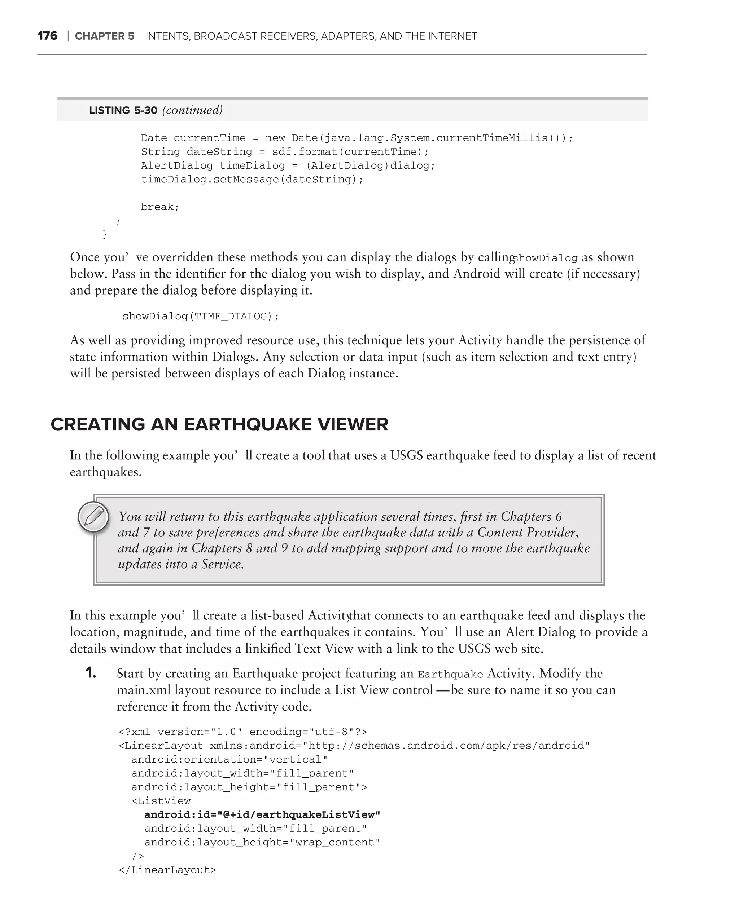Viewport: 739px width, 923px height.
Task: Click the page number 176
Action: (47, 36)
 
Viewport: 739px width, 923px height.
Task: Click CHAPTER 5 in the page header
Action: (105, 36)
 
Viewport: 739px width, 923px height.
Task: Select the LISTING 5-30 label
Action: (123, 110)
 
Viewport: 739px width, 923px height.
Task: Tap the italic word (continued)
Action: (192, 110)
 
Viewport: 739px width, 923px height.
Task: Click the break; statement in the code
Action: (160, 207)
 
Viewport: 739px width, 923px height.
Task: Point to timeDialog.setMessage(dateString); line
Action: (252, 180)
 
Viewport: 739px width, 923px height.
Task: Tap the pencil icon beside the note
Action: (93, 517)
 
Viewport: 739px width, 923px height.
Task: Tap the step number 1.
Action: (91, 673)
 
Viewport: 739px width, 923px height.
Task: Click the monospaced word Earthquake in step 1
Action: (450, 675)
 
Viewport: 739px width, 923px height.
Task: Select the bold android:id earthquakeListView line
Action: (262, 815)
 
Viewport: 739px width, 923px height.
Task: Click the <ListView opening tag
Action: (161, 801)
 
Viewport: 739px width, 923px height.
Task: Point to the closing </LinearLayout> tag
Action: (167, 870)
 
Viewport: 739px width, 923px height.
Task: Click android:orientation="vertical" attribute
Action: (229, 759)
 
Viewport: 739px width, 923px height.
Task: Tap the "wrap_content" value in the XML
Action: (334, 843)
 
